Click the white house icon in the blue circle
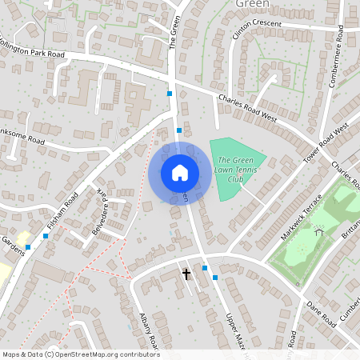click(x=180, y=172)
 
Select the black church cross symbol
click(x=186, y=274)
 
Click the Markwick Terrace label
click(x=301, y=218)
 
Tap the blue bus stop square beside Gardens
click(x=27, y=247)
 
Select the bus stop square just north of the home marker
click(x=179, y=130)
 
